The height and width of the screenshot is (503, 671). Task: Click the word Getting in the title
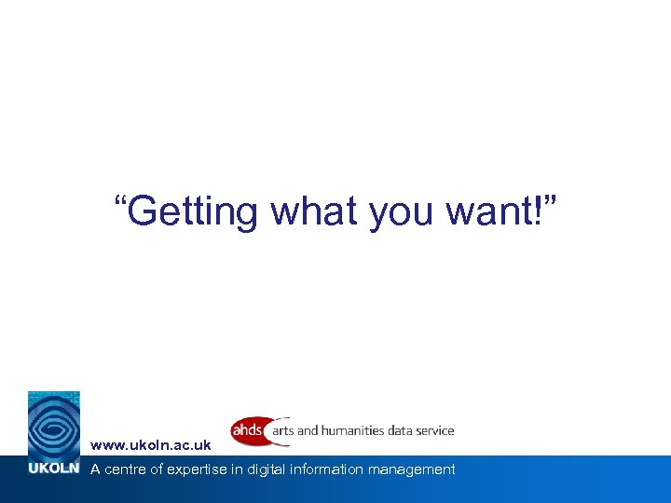click(193, 211)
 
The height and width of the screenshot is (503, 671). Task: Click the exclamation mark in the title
click(540, 211)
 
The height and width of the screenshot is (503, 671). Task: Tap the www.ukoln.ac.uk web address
click(150, 446)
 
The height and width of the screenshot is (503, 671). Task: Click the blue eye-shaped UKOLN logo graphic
click(54, 424)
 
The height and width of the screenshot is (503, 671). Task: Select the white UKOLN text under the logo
click(54, 469)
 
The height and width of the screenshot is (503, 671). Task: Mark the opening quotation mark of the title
click(120, 200)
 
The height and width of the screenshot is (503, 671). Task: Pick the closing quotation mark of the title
click(553, 200)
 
